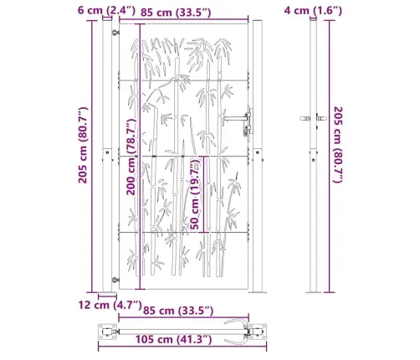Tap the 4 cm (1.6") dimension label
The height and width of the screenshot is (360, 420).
(315, 10)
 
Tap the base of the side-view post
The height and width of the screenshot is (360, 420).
(313, 291)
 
